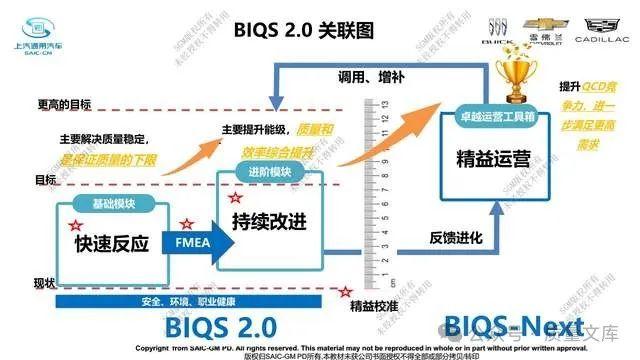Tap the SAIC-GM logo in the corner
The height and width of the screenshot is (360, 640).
tap(41, 35)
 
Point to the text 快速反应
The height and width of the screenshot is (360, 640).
tap(110, 244)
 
